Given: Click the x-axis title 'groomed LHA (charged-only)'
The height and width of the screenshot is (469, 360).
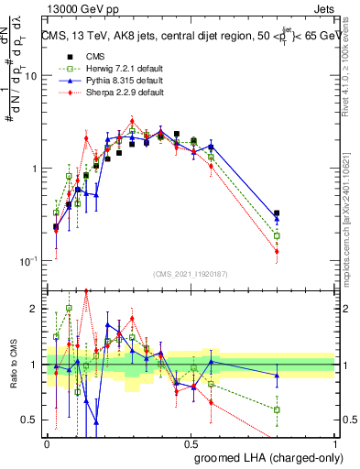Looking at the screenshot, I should [x=264, y=456].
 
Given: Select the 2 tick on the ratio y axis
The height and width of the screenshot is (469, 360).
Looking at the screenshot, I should [x=36, y=309].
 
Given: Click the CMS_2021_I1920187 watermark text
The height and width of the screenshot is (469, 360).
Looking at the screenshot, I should [x=191, y=273].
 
